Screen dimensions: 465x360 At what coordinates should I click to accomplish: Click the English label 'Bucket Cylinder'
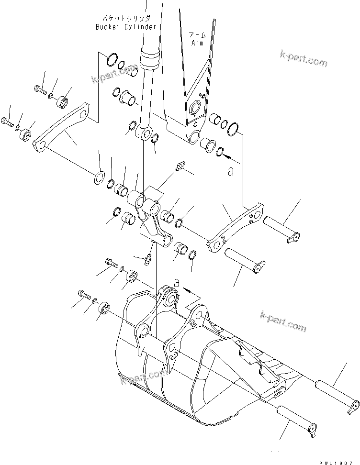(x=126, y=27)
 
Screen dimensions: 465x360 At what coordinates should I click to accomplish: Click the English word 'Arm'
(x=197, y=43)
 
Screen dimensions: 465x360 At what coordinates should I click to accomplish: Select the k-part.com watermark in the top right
(x=304, y=60)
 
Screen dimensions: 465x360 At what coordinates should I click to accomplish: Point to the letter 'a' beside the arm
(x=231, y=171)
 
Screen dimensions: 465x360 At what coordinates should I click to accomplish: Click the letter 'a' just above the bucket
(x=177, y=284)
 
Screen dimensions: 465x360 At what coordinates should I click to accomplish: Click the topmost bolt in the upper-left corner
(x=39, y=89)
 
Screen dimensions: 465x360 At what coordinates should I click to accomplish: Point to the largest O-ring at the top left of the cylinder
(x=110, y=59)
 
